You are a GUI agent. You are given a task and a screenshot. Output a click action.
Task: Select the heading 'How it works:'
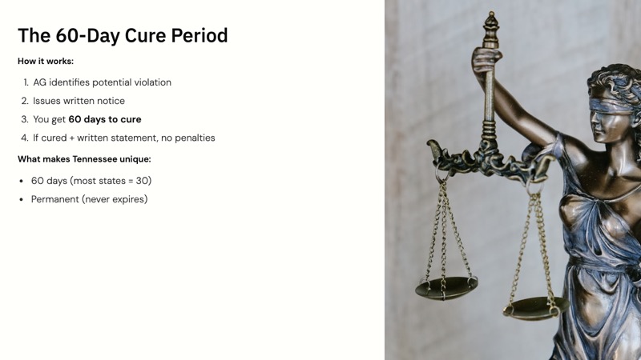coord(46,61)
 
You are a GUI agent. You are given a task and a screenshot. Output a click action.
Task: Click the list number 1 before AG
coord(26,82)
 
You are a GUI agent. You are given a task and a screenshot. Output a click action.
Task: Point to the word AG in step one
coord(40,82)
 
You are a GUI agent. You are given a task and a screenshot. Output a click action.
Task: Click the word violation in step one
coord(149,82)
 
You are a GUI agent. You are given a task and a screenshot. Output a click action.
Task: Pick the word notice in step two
coord(109,101)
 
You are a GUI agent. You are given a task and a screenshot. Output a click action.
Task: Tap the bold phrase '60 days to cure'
coord(105,119)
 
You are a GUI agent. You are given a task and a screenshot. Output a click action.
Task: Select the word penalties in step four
coord(191,138)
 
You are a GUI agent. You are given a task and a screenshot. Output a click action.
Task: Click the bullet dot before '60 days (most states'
coord(21,181)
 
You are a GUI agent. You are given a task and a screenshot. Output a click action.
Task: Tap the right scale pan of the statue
coord(534,306)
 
